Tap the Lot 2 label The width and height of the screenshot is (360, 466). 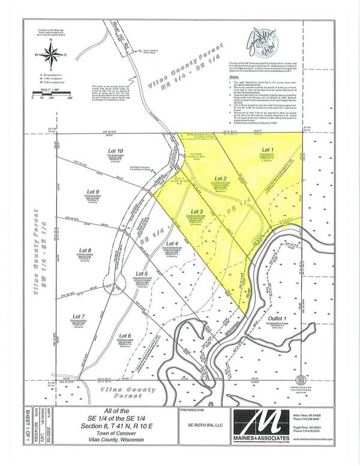point(220,180)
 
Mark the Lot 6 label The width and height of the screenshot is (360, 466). point(125,336)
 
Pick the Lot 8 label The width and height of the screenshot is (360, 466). point(85,251)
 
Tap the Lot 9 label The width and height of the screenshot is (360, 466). point(92,192)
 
